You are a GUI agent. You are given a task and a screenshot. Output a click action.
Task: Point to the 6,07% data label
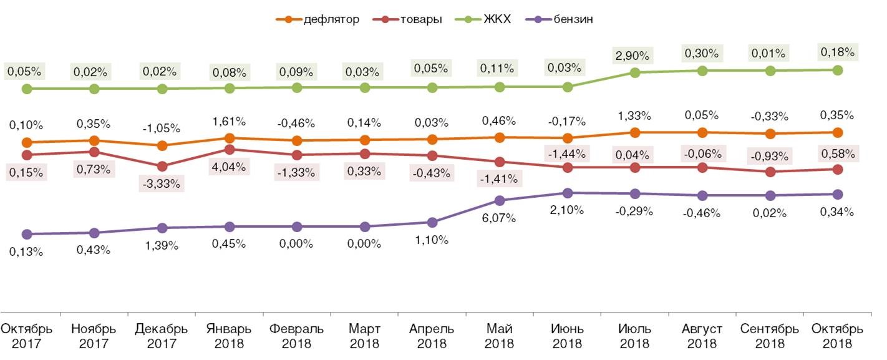(499, 218)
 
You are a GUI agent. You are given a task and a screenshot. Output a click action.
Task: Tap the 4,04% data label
(229, 167)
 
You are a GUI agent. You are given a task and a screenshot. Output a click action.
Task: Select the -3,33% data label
(162, 183)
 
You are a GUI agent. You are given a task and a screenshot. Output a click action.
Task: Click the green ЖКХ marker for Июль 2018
(635, 72)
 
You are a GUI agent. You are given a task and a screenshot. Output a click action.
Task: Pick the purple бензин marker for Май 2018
(499, 200)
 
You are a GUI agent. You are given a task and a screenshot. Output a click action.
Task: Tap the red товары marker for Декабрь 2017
(162, 167)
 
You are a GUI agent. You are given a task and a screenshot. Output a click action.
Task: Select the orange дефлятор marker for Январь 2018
(230, 138)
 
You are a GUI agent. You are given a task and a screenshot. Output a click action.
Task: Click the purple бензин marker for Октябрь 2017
(27, 234)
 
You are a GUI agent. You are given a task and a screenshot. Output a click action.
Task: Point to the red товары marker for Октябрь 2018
(838, 169)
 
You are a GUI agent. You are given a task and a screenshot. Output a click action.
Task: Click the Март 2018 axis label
(364, 336)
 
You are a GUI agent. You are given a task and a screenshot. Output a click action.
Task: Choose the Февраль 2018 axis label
(297, 336)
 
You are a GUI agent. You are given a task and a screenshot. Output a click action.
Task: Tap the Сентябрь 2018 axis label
(770, 336)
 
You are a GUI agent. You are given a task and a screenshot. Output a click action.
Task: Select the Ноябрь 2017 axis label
(94, 336)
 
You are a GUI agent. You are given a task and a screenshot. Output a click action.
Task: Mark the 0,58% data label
(838, 152)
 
